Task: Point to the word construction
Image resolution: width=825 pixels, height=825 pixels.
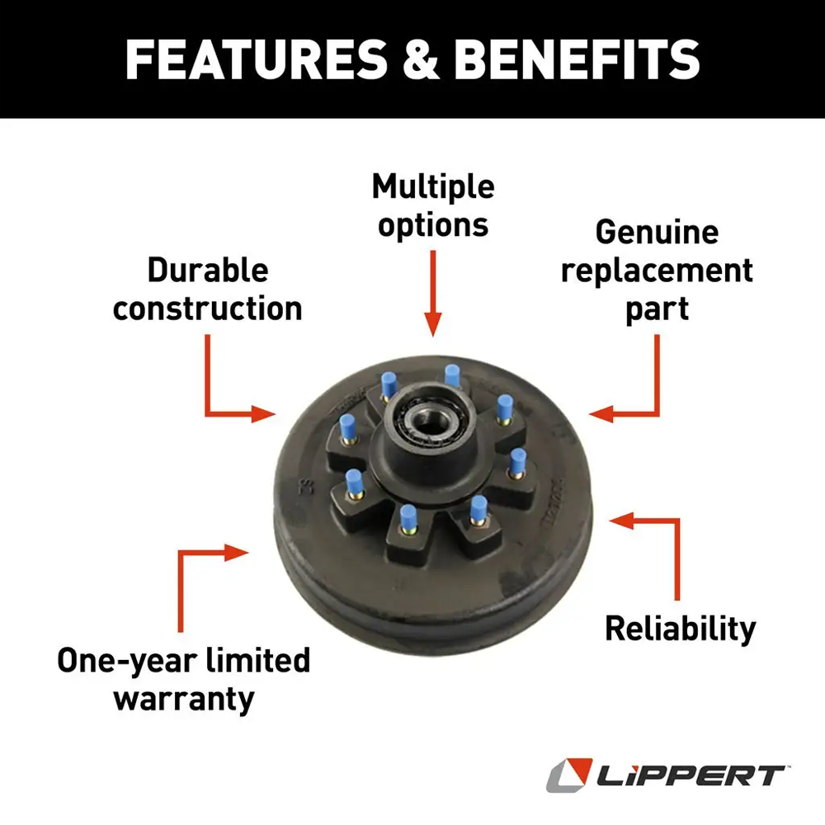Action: [x=208, y=308]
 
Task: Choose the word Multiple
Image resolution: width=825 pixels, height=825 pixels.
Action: [x=433, y=187]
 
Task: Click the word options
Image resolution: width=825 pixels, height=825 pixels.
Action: [x=433, y=225]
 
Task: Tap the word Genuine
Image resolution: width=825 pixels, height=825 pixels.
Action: [x=657, y=232]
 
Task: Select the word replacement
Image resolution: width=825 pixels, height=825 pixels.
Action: [x=657, y=271]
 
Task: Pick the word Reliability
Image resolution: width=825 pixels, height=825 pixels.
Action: [x=680, y=629]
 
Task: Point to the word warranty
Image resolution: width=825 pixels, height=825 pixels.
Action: [x=184, y=699]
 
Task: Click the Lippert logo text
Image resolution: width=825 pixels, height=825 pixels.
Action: [x=688, y=775]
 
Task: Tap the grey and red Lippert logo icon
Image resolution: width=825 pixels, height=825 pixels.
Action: [x=567, y=775]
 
